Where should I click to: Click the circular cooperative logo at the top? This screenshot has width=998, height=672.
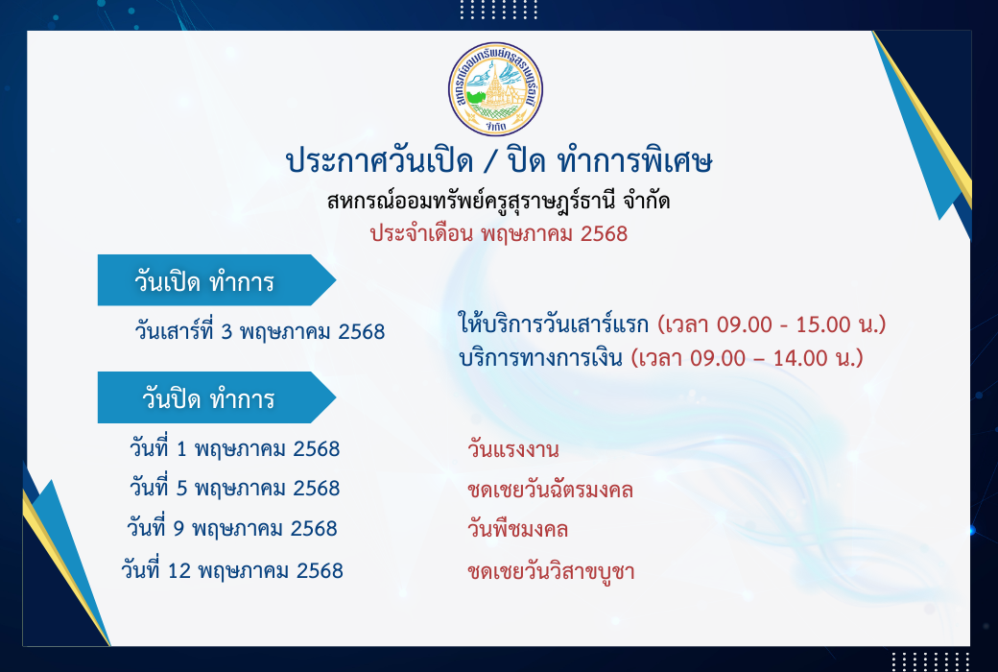[x=495, y=89]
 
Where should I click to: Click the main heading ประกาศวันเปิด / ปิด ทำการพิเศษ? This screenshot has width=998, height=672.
[x=499, y=160]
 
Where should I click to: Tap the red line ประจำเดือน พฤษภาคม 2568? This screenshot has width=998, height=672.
[x=499, y=234]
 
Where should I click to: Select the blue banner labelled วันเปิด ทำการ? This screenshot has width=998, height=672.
[x=217, y=280]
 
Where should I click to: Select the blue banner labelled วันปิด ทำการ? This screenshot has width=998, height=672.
[x=217, y=397]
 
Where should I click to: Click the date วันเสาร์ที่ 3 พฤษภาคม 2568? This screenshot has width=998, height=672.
[x=260, y=332]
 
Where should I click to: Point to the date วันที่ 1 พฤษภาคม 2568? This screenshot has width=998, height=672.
[x=235, y=448]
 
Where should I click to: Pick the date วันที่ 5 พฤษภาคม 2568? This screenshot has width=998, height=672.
[x=235, y=488]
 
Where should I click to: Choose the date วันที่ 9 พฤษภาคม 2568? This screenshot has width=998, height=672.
[x=231, y=528]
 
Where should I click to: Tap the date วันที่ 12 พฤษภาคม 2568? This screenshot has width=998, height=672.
[x=232, y=570]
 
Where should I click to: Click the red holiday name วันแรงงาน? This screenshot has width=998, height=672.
[x=513, y=449]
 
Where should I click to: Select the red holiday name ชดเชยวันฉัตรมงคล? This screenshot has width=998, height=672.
[x=550, y=490]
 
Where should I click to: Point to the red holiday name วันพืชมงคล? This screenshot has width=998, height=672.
[x=517, y=529]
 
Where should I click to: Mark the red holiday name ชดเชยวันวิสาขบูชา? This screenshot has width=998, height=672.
[x=551, y=571]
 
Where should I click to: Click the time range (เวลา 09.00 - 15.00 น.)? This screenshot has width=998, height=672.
[x=772, y=324]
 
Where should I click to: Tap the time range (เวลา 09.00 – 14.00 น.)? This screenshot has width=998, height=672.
[x=748, y=358]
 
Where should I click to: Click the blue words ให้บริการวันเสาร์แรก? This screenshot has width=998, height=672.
[x=554, y=324]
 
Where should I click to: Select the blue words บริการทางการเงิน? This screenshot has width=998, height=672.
[x=540, y=358]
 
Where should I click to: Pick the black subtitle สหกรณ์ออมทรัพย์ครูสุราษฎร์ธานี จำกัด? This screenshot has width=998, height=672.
[x=498, y=202]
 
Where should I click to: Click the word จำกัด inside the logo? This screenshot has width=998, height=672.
[x=494, y=127]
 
